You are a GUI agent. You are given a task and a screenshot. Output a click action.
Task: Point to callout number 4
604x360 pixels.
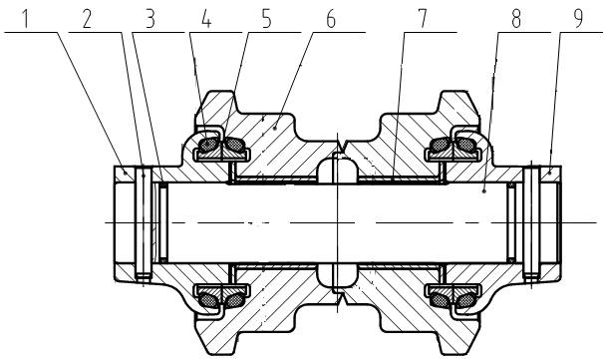point(204,20)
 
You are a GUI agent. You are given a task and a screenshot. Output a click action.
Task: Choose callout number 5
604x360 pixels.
point(263,20)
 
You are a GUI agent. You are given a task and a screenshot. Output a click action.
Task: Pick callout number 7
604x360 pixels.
point(426,20)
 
